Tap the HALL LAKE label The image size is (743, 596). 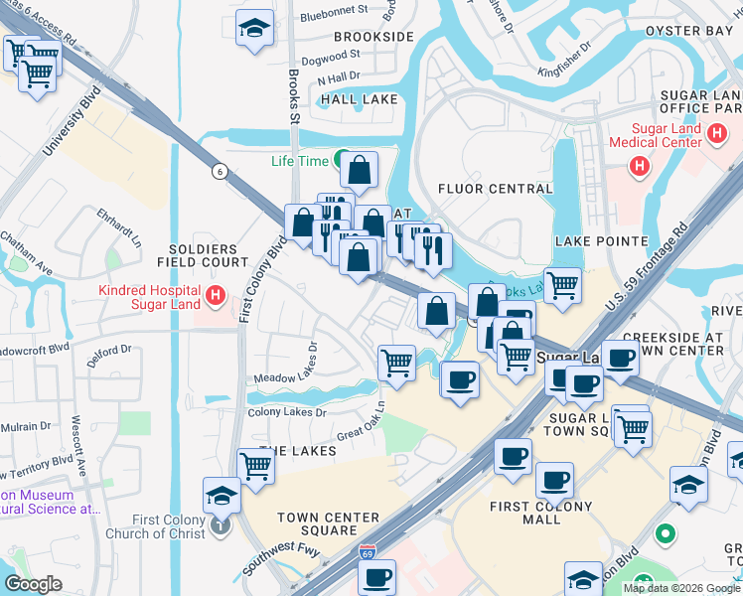pos(359,99)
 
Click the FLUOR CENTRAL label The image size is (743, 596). pos(495,189)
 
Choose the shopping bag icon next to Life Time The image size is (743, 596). pos(360,171)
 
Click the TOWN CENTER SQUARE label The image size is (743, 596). pos(329,523)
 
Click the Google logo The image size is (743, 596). pos(33,584)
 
